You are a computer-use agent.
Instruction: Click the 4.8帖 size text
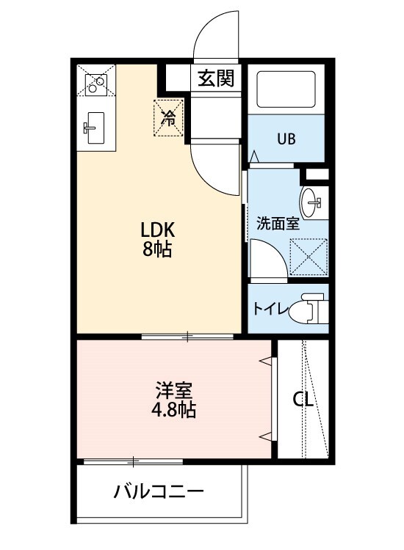[174, 410]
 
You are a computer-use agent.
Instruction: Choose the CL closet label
[303, 400]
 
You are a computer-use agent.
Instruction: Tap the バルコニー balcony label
[158, 491]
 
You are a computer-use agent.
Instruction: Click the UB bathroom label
[286, 139]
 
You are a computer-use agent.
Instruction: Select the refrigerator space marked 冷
[168, 117]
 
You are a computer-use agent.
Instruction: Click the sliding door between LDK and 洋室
[187, 337]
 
